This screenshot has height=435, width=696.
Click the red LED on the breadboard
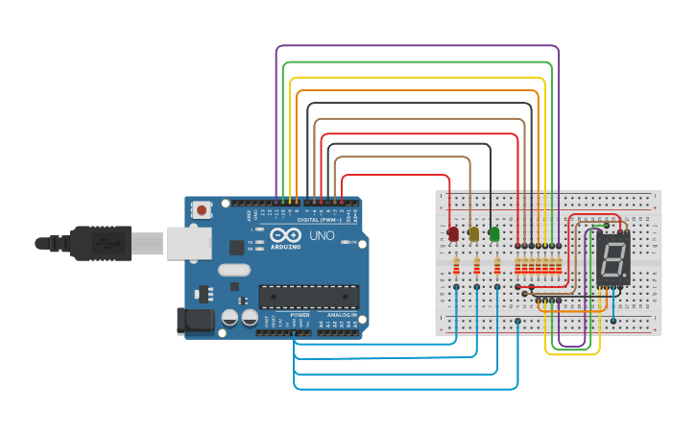[x=453, y=233]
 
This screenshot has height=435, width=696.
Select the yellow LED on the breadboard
[x=473, y=233]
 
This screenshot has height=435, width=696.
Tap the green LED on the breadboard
[x=494, y=233]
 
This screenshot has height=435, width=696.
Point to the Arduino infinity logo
[x=285, y=235]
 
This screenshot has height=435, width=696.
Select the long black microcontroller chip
[x=309, y=297]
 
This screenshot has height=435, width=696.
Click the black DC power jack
[x=195, y=321]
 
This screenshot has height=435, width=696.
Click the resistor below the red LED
[x=456, y=266]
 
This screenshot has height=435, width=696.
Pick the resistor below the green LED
[x=497, y=266]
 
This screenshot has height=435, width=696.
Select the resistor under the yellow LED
[x=476, y=266]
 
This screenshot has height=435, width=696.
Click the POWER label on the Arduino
[x=300, y=315]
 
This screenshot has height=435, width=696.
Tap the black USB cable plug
[x=101, y=243]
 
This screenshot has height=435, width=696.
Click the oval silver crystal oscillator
[x=233, y=270]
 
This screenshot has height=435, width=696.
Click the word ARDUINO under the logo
[x=285, y=246]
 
